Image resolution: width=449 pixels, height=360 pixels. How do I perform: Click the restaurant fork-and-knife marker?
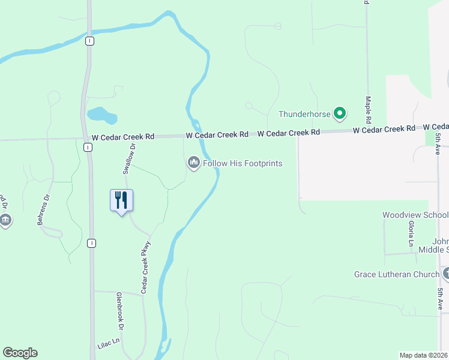tap(121, 200)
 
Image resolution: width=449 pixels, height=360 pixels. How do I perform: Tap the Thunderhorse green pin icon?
tap(340, 113)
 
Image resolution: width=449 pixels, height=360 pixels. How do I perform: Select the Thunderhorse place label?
tap(305, 114)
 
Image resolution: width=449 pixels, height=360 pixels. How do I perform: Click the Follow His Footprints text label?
tap(243, 163)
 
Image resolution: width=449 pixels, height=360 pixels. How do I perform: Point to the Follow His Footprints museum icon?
tap(194, 163)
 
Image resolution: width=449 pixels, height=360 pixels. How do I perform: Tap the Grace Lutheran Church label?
tap(397, 275)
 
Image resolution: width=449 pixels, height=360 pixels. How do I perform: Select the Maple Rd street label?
tap(368, 105)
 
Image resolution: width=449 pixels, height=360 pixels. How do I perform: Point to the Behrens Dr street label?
tap(42, 210)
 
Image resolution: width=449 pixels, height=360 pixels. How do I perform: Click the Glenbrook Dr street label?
tap(120, 311)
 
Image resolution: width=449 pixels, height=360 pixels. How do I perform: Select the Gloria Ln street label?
tap(411, 234)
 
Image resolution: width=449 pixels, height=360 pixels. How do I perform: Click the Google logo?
tap(20, 353)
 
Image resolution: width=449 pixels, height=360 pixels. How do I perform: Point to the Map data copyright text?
tap(424, 355)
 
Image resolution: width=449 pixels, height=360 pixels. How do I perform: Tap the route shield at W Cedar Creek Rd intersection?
tap(88, 147)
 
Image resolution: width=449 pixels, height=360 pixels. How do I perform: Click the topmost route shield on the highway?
tap(89, 40)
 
